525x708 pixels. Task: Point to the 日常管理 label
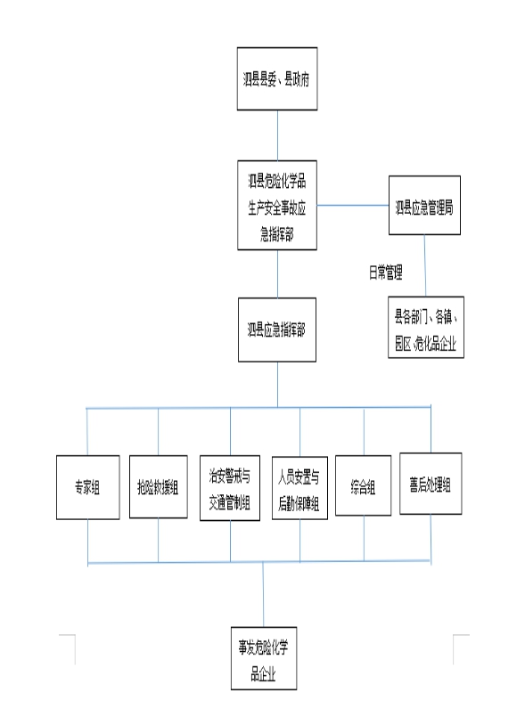pyautogui.click(x=385, y=273)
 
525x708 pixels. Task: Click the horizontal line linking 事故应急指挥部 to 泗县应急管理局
pyautogui.click(x=353, y=205)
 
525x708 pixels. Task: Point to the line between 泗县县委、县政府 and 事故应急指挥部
pyautogui.click(x=277, y=135)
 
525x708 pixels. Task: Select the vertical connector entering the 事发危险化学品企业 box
pyautogui.click(x=264, y=595)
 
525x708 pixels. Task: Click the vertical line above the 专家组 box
pyautogui.click(x=86, y=432)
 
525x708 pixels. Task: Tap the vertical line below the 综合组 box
pyautogui.click(x=365, y=539)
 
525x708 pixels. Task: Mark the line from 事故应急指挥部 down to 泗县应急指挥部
pyautogui.click(x=277, y=274)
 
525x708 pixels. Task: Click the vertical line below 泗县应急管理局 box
pyautogui.click(x=424, y=265)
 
